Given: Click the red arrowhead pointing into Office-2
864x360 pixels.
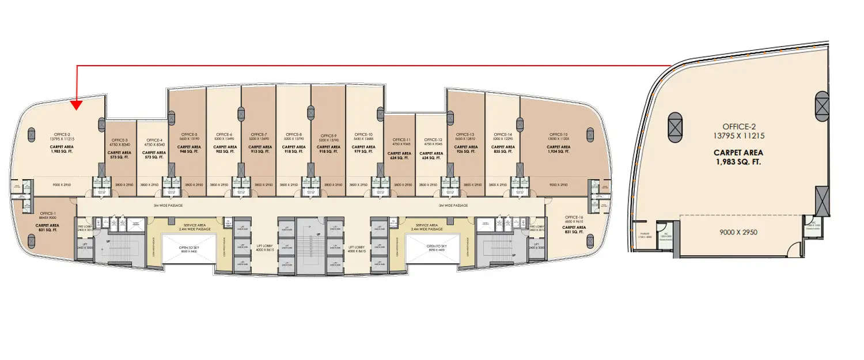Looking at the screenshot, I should (x=77, y=104).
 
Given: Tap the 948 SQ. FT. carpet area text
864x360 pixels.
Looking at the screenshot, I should (x=190, y=152).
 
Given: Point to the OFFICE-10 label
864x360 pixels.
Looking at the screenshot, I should (x=363, y=134).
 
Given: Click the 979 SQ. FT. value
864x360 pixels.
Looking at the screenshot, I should (x=363, y=152).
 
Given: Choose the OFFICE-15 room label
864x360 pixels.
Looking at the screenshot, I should (x=558, y=134).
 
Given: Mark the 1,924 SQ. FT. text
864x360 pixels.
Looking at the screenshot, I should (x=558, y=152).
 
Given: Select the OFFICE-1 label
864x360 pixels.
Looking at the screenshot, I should (x=47, y=213).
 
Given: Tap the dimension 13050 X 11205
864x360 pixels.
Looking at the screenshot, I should (x=558, y=139).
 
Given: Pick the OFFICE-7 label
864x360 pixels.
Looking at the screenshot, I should (x=259, y=134).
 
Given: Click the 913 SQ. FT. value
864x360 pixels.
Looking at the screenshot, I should (x=259, y=152).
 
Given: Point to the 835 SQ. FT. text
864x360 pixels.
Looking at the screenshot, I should (x=502, y=152).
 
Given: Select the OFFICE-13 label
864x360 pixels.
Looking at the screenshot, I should (x=468, y=134).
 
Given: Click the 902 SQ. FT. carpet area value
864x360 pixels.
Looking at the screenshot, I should (x=224, y=152).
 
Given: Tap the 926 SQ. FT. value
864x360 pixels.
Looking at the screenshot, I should (x=468, y=152).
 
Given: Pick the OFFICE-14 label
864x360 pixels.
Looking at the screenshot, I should (x=502, y=134).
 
